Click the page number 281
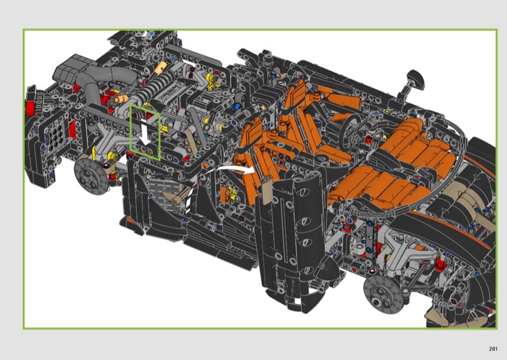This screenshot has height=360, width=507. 493,349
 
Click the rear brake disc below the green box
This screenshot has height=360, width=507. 92,176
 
